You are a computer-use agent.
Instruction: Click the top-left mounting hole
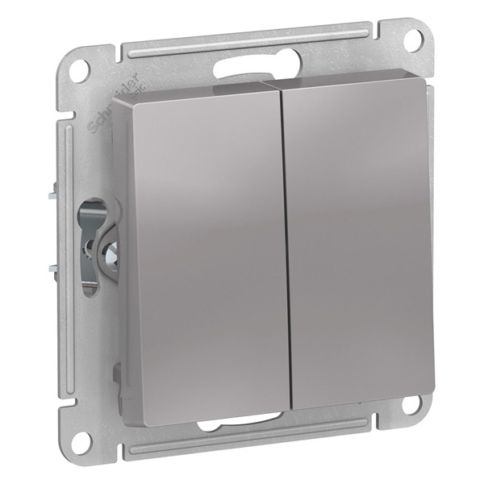click(x=79, y=71)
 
